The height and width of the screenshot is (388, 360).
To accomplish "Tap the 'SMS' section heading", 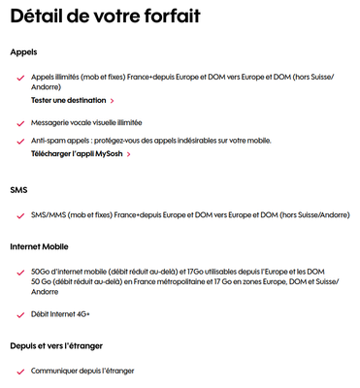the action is (x=18, y=190).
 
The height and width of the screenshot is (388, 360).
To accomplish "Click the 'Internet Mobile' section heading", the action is (x=43, y=246).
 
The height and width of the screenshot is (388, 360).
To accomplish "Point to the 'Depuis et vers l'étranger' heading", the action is (x=55, y=345).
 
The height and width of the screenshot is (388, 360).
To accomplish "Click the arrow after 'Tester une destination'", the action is (x=113, y=100).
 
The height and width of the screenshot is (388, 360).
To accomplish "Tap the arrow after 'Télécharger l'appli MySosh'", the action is (x=129, y=153).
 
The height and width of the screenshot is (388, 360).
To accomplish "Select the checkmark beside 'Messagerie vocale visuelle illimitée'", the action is (x=19, y=123).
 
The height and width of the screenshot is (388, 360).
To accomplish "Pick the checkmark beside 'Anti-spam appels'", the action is (x=19, y=141).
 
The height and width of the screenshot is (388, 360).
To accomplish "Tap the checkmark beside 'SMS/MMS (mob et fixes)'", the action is (x=19, y=215).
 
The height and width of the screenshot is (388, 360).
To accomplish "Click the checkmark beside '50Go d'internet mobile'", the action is (x=19, y=273).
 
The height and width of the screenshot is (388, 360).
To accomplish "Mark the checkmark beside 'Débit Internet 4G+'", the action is (x=19, y=314).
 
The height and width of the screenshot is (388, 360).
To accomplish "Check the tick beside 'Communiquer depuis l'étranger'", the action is (x=19, y=372).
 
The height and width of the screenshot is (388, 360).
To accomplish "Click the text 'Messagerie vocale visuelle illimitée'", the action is (x=86, y=123).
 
